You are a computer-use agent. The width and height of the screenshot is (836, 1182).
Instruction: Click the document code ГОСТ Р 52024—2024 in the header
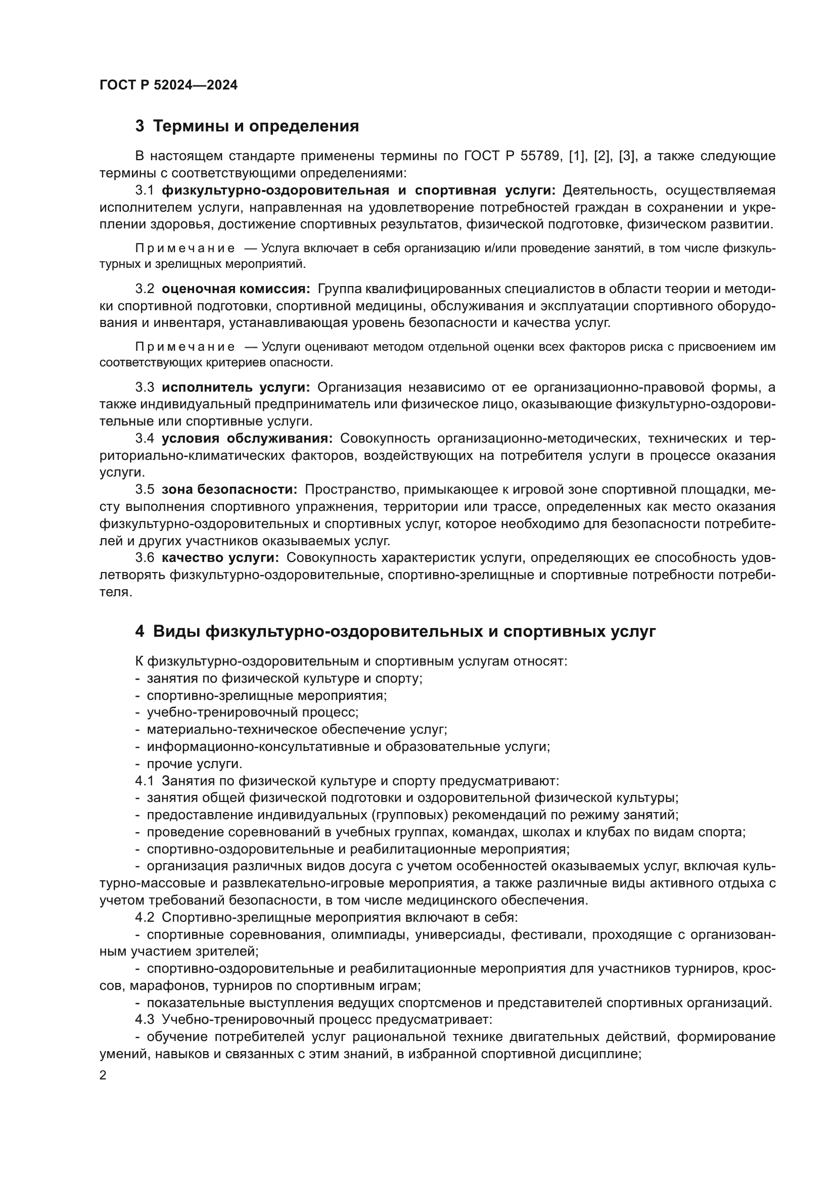point(168,85)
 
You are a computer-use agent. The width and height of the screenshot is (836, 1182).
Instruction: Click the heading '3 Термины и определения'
point(247,126)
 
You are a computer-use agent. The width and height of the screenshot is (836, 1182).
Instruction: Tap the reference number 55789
point(540,156)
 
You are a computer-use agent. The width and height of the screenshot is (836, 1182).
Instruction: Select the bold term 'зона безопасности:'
point(229,489)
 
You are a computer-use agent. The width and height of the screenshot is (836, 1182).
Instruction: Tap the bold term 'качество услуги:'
point(220,557)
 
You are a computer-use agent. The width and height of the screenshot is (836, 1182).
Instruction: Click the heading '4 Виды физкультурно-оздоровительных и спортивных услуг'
point(395,631)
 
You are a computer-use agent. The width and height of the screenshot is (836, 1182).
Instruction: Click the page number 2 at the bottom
point(103,1075)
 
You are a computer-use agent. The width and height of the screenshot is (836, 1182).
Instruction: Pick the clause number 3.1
point(145,191)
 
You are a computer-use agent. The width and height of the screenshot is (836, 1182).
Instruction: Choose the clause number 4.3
point(145,1019)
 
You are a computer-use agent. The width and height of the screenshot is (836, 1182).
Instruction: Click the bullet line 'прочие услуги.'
point(194,764)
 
